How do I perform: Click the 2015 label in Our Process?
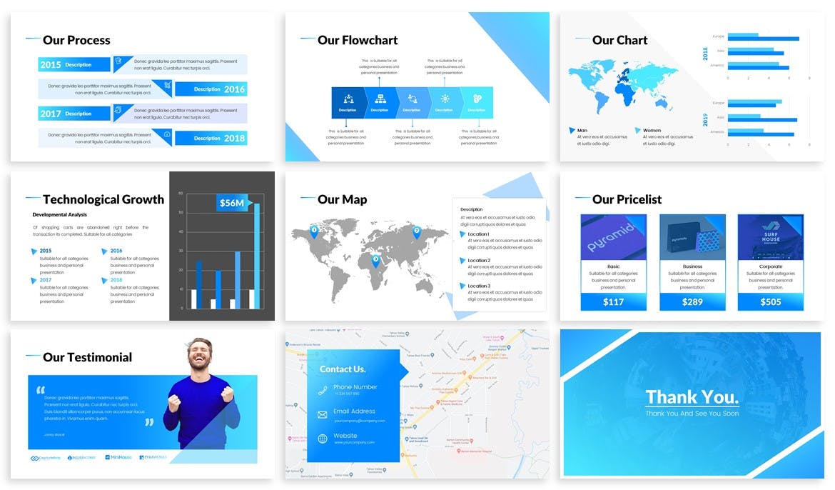coord(51,65)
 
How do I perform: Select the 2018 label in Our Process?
coord(234,139)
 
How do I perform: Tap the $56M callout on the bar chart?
coord(232,203)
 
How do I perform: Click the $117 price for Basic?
coord(613,301)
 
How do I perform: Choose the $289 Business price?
coord(692,301)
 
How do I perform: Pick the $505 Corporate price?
coord(770,301)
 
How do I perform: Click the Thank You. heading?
coord(692,397)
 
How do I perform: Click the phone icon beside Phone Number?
coord(322,390)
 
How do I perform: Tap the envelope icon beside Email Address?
coord(322,414)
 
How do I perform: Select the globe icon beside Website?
coord(322,439)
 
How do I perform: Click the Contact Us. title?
coord(343,369)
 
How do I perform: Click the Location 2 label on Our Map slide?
coord(478,261)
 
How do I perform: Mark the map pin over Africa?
coord(376,261)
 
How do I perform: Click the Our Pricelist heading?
coord(627,199)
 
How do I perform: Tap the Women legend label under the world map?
coord(652,131)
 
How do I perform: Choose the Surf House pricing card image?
coord(770,237)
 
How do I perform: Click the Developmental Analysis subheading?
coord(59,214)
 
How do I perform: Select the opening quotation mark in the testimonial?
coord(40,390)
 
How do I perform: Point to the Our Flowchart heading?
coord(358,40)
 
